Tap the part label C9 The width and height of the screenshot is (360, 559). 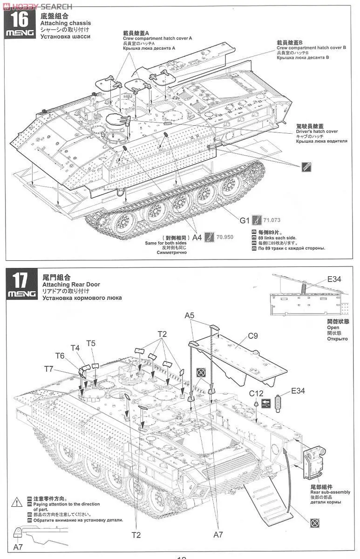click(x=253, y=335)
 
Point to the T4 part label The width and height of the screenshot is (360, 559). click(x=75, y=348)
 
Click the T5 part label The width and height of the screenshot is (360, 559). click(x=91, y=343)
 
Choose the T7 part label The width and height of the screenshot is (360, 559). click(x=49, y=369)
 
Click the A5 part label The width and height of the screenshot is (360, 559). click(x=190, y=316)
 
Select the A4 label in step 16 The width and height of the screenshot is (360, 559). click(x=197, y=237)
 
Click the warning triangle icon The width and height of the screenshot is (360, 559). click(x=17, y=502)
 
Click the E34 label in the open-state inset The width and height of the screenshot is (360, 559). click(x=334, y=279)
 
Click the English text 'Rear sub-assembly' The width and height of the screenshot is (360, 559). click(x=330, y=492)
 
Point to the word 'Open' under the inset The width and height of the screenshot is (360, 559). click(x=333, y=327)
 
